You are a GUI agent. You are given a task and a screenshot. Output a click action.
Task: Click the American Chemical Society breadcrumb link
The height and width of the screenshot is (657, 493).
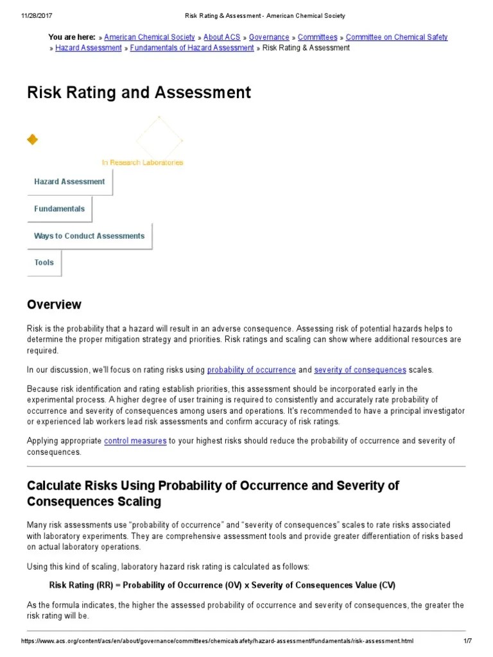coord(150,37)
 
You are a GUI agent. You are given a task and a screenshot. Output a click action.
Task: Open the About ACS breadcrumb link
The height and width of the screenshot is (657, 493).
coord(221,37)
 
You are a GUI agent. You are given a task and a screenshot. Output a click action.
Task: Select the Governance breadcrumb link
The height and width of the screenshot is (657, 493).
coord(269,37)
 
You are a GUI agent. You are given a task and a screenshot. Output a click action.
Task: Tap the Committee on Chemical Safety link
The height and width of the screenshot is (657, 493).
coord(397,37)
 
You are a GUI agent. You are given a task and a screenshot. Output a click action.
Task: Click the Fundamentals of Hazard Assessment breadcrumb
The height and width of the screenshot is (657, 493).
coord(192,48)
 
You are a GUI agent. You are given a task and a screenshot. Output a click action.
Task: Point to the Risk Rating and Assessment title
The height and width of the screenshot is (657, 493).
coord(139,92)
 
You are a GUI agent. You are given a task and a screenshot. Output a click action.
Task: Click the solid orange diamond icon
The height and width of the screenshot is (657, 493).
coord(32,139)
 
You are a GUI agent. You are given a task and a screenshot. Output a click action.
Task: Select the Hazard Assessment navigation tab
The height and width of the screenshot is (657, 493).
coord(69,182)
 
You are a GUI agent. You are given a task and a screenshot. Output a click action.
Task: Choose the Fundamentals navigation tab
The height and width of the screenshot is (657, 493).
coord(59,209)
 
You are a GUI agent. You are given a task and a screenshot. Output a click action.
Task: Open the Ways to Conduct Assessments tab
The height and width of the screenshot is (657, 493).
coord(89,235)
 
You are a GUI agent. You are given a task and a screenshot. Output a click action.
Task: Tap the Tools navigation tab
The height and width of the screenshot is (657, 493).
coord(44,262)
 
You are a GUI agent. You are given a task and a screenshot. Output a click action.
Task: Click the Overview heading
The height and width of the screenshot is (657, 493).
coord(54,304)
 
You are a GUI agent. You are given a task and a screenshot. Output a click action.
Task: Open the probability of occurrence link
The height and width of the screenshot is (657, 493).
coord(252,370)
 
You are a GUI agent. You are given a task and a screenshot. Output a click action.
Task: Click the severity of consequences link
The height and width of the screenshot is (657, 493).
coord(360,370)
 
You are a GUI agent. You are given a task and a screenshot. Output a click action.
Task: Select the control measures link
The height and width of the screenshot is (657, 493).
coord(135,441)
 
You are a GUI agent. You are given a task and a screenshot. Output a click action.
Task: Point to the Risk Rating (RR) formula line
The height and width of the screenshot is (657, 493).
coord(222,585)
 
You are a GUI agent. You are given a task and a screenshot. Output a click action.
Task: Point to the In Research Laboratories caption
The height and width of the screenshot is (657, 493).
coord(143,162)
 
